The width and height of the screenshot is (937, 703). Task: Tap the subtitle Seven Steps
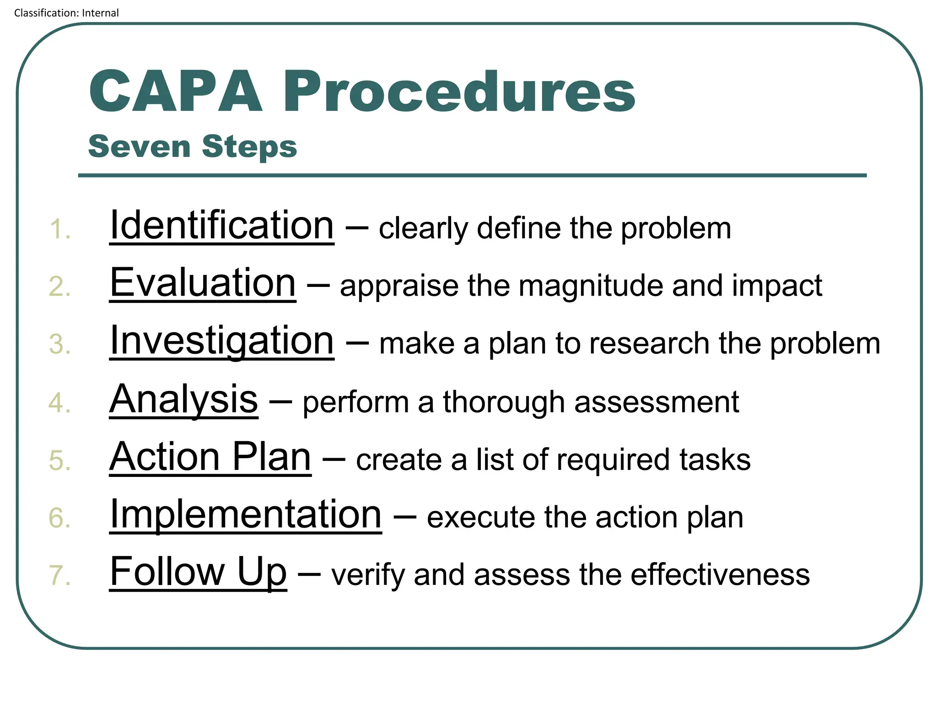pyautogui.click(x=193, y=146)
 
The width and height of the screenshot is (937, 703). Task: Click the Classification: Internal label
pyautogui.click(x=66, y=13)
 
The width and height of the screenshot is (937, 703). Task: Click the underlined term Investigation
pyautogui.click(x=222, y=341)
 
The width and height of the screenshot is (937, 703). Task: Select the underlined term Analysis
pyautogui.click(x=183, y=399)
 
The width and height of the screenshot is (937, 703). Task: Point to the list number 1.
pyautogui.click(x=60, y=229)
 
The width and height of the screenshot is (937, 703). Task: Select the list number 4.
pyautogui.click(x=60, y=403)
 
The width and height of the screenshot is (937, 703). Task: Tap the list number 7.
pyautogui.click(x=60, y=576)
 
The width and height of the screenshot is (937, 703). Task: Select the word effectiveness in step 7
pyautogui.click(x=720, y=575)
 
